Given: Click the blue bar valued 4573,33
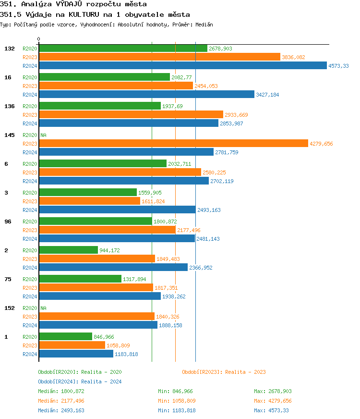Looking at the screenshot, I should (x=182, y=66).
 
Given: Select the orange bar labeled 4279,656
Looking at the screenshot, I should (x=173, y=143).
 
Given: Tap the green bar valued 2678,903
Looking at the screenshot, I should (x=123, y=49).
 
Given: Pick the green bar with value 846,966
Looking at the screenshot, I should (x=65, y=337).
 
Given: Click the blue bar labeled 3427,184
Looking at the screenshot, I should (x=146, y=95).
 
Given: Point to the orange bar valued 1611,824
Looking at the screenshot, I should (x=89, y=201).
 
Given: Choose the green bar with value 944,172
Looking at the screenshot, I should (x=68, y=250).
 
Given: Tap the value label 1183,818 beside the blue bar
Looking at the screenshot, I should (x=126, y=354).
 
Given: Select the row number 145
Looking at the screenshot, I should (x=9, y=135).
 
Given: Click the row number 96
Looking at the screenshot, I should (x=8, y=222).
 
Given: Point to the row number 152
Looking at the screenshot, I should (x=9, y=308).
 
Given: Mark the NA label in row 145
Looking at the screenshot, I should (x=43, y=136).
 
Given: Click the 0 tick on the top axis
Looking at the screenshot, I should (x=39, y=39).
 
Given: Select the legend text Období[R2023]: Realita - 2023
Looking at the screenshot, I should (x=224, y=372).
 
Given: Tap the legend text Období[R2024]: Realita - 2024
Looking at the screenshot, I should (x=80, y=382).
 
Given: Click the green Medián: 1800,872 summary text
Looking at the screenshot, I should (x=61, y=391).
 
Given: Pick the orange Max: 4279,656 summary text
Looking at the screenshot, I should (x=273, y=401).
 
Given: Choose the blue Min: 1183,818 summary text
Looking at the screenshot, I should (x=177, y=410).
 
